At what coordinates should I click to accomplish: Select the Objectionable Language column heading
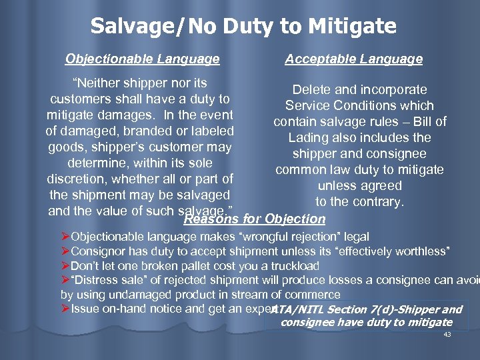(142, 59)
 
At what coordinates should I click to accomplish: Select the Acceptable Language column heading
(353, 59)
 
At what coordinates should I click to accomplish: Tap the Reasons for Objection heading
(254, 219)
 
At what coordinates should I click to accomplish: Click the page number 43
(447, 335)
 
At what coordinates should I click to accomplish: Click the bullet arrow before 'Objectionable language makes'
(65, 237)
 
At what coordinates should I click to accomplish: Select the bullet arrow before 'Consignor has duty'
(65, 251)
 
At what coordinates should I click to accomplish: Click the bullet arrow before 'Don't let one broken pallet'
(65, 265)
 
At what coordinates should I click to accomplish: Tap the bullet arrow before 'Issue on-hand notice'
(65, 308)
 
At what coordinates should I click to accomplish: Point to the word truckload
(292, 265)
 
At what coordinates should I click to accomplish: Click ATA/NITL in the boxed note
(297, 309)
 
